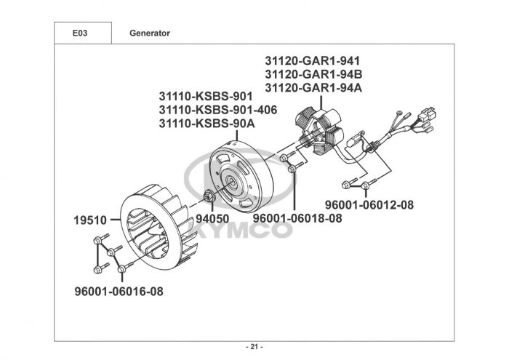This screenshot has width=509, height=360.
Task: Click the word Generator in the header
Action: coord(150,33)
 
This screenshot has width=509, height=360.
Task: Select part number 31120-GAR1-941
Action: coord(313,60)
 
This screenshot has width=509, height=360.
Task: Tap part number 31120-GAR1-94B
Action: coord(313,74)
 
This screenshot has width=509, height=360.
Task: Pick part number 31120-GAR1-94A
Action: coord(313,88)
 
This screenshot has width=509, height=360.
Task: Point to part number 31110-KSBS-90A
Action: coord(207,124)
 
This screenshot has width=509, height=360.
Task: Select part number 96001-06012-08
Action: coord(369,205)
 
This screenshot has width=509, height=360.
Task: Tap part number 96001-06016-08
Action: coord(119,292)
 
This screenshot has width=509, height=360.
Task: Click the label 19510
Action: coord(89,219)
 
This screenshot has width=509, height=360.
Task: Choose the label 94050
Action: coord(213,218)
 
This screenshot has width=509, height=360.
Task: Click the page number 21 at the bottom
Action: coord(254,346)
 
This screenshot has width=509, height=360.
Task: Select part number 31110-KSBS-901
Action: coord(206,96)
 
